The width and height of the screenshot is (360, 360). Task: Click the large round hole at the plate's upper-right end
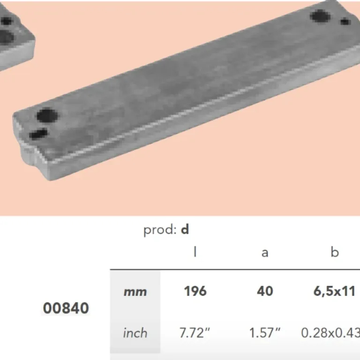(x=320, y=17)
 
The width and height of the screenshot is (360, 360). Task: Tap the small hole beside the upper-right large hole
(x=345, y=21)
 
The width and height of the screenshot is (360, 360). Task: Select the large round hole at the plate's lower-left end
(x=47, y=115)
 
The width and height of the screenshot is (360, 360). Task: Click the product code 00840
(x=66, y=308)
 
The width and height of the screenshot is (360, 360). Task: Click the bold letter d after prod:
(x=185, y=230)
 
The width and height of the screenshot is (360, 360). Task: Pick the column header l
(x=195, y=253)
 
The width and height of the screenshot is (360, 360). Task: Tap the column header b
(x=334, y=253)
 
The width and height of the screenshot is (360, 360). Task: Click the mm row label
(x=135, y=292)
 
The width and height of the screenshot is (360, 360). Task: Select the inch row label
(x=135, y=333)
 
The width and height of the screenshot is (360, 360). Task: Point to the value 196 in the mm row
(x=195, y=291)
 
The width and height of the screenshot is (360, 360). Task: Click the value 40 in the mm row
(x=265, y=291)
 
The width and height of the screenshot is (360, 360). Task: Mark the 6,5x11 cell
(x=335, y=291)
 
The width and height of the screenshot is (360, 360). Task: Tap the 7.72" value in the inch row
(x=195, y=333)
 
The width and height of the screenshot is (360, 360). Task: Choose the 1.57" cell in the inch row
(x=265, y=333)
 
